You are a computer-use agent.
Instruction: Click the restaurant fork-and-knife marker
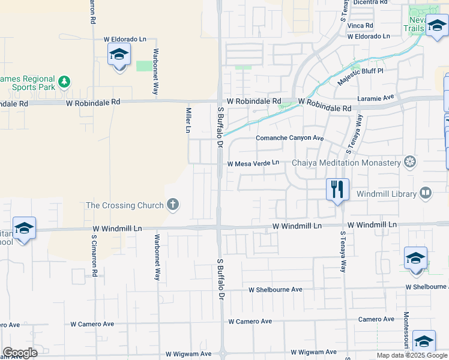click(x=337, y=190)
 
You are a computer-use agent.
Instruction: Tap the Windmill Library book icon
click(x=426, y=193)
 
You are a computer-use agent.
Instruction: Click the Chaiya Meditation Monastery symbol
click(x=411, y=162)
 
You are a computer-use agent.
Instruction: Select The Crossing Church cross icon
click(x=173, y=205)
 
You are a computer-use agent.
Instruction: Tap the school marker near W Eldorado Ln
click(x=119, y=55)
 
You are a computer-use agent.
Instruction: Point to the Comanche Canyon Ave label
click(x=290, y=139)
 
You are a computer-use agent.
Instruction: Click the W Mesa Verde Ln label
click(x=253, y=163)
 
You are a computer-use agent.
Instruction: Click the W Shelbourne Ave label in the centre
click(x=276, y=289)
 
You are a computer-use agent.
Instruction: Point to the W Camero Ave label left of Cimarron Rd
click(x=92, y=324)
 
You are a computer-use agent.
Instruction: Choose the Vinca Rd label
click(x=361, y=26)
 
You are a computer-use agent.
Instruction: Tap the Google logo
click(x=20, y=353)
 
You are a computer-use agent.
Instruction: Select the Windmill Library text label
click(x=387, y=194)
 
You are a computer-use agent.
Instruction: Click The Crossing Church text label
click(x=125, y=205)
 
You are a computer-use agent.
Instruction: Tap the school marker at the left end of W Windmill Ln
click(x=24, y=229)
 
